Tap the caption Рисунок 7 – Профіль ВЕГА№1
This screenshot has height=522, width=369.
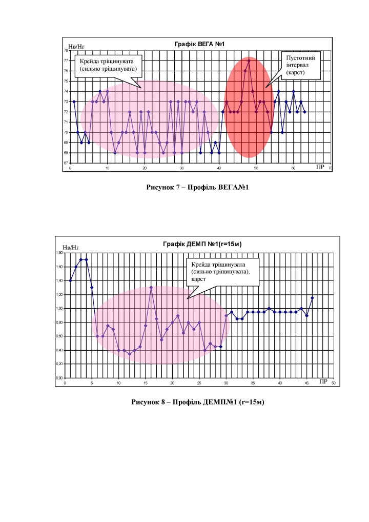pos(197,188)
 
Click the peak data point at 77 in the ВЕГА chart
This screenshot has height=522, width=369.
pos(249,61)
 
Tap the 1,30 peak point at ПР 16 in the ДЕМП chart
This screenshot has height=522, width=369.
pos(151,287)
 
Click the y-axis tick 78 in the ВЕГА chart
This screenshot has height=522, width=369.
pos(66,50)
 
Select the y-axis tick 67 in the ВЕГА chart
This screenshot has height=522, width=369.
pos(66,163)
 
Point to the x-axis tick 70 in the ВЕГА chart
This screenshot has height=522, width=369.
pos(331,168)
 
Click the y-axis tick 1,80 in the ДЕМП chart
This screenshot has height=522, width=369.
pos(59,253)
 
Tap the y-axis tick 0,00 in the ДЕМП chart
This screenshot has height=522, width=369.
pos(59,378)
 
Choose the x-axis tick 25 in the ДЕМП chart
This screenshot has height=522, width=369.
pos(199,383)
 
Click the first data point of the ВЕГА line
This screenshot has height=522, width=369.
pos(74,102)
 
